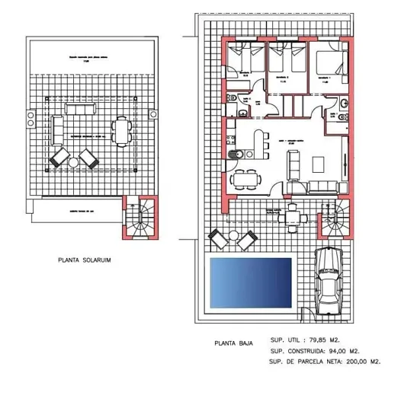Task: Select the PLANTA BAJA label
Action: coord(233,343)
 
